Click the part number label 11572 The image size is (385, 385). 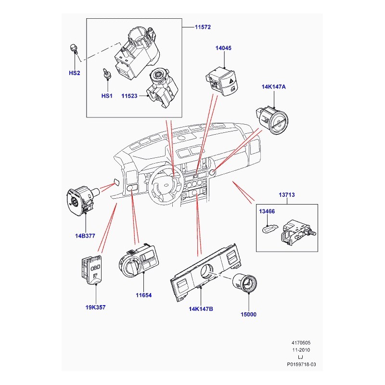(x=203, y=27)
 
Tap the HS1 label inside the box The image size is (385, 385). (x=106, y=96)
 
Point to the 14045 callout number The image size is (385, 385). (x=224, y=48)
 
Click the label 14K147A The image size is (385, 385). (x=274, y=87)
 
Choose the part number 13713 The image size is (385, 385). (x=286, y=195)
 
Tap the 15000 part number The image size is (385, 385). (x=248, y=315)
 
